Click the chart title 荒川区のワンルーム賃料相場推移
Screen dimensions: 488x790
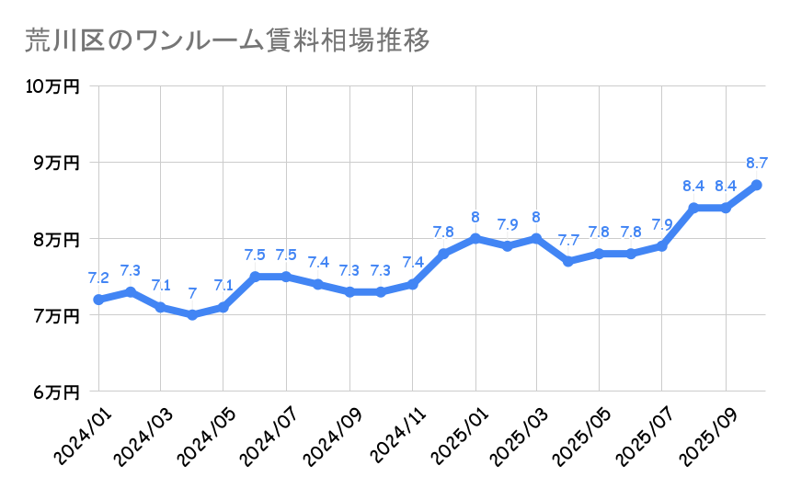coord(226,42)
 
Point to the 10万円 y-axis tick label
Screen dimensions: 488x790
coord(53,86)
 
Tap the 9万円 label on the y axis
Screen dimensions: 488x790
coord(58,163)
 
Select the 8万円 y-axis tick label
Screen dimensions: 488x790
coord(58,239)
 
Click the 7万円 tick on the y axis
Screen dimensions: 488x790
coord(58,316)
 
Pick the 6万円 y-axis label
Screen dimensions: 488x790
coord(58,392)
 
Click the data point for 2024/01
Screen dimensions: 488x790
coord(98,300)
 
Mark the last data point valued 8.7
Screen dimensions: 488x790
coord(757,185)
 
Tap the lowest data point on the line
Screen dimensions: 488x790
coord(192,315)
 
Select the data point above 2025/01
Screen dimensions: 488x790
coord(475,239)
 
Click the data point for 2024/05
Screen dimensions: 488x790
coord(223,307)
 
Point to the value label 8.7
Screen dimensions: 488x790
coord(757,164)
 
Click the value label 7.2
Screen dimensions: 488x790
coord(98,278)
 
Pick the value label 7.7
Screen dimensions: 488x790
coord(568,241)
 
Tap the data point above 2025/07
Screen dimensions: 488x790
coord(662,246)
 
